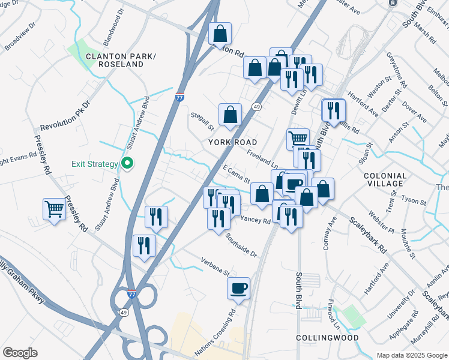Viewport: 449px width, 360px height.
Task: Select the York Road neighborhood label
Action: [233, 142]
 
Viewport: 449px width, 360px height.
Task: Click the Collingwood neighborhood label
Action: [328, 338]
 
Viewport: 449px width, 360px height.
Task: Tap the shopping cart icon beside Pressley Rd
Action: [54, 209]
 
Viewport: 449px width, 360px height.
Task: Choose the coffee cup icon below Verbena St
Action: [238, 288]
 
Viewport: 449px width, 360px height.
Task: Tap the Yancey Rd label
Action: [257, 220]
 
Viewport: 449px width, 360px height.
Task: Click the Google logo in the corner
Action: [20, 353]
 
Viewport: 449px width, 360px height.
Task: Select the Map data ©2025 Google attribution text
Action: [411, 355]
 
